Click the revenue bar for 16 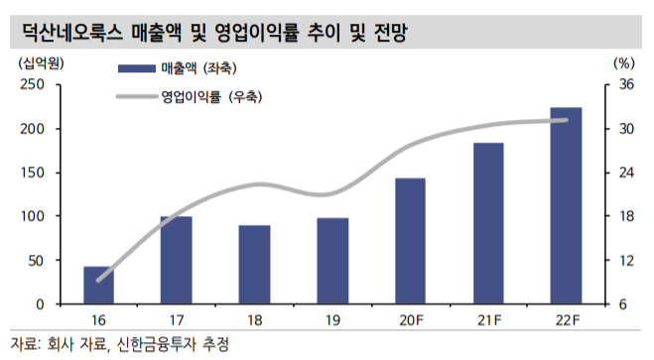[98, 285]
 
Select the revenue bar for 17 [176, 259]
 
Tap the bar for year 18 [253, 264]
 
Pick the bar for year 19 [331, 260]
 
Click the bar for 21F [487, 223]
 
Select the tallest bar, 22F [566, 204]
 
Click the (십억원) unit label [37, 61]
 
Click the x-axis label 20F [410, 321]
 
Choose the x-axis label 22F [566, 321]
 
